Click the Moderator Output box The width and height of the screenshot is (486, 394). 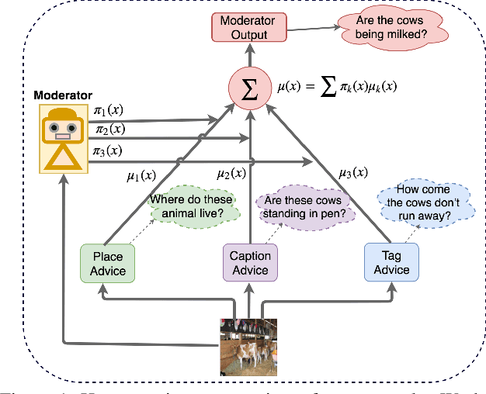tap(249, 27)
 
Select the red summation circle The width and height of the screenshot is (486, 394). tap(249, 88)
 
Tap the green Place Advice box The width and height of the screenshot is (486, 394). tap(107, 263)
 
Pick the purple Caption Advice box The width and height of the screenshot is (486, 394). tap(250, 263)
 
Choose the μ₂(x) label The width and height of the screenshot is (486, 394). tap(232, 174)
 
